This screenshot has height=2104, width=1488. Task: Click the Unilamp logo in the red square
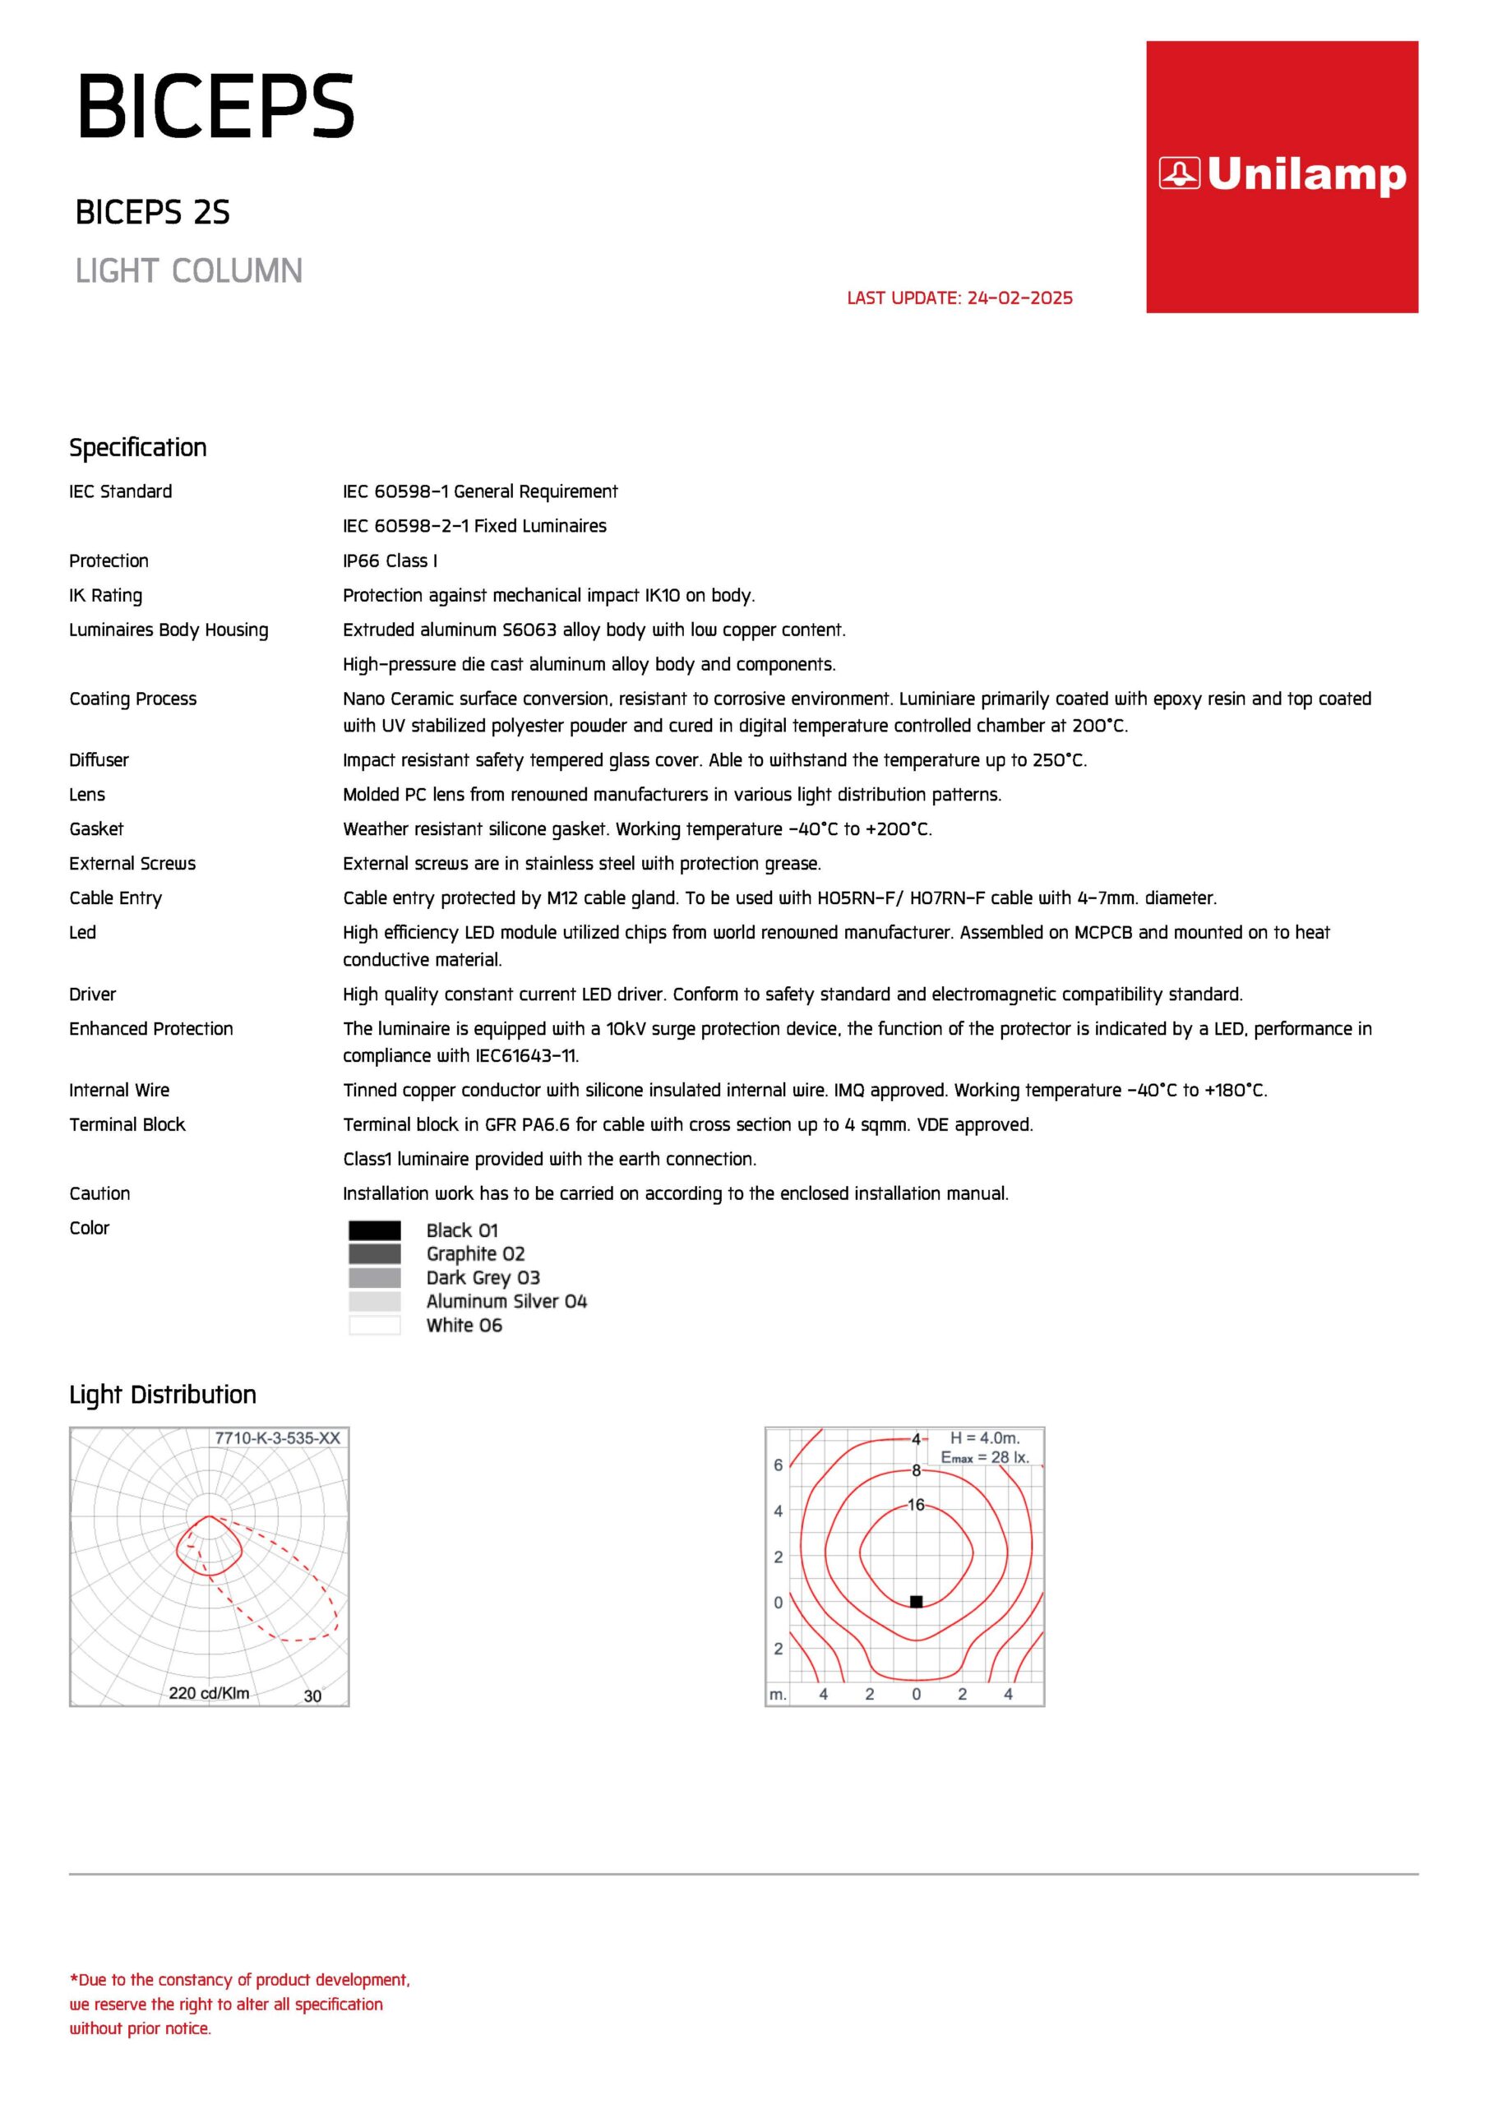pyautogui.click(x=1282, y=175)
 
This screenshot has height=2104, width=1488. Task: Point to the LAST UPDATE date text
pyautogui.click(x=959, y=298)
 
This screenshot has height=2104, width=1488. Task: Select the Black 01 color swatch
pyautogui.click(x=374, y=1230)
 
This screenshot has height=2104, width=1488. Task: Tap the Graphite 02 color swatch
pyautogui.click(x=374, y=1253)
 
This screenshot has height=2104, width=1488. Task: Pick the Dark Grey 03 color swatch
pyautogui.click(x=374, y=1277)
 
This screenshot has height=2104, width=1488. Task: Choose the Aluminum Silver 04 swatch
pyautogui.click(x=374, y=1301)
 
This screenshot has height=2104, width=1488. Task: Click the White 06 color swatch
pyautogui.click(x=374, y=1325)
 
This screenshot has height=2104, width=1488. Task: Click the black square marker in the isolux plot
pyautogui.click(x=916, y=1601)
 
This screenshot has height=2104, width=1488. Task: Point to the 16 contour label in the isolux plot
pyautogui.click(x=916, y=1505)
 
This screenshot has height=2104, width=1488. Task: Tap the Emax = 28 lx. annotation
pyautogui.click(x=985, y=1457)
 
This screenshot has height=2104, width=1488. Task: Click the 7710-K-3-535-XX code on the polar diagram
pyautogui.click(x=277, y=1437)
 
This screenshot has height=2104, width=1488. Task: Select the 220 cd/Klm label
pyautogui.click(x=209, y=1692)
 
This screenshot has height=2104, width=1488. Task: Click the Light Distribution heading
pyautogui.click(x=162, y=1395)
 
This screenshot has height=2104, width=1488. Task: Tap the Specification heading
pyautogui.click(x=137, y=447)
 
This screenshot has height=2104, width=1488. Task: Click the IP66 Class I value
pyautogui.click(x=390, y=561)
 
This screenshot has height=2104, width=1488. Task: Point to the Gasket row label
pyautogui.click(x=96, y=829)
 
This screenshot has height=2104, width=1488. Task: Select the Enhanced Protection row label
pyautogui.click(x=151, y=1029)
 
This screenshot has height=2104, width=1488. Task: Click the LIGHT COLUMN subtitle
pyautogui.click(x=189, y=271)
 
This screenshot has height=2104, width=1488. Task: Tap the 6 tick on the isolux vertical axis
pyautogui.click(x=779, y=1465)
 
